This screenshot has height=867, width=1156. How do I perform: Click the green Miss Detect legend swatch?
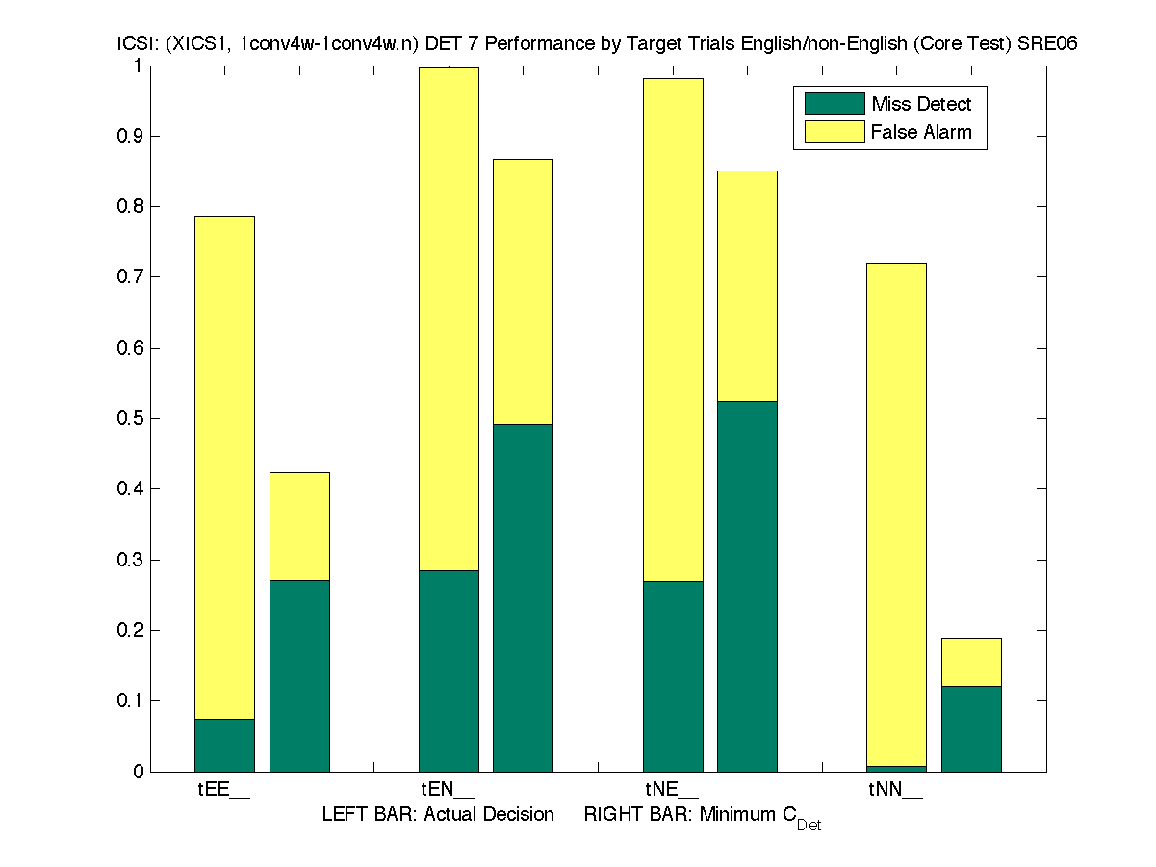834,104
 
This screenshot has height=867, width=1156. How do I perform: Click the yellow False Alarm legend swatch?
834,132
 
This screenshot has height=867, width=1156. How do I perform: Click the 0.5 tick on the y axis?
132,419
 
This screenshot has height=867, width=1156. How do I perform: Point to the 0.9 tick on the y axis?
132,136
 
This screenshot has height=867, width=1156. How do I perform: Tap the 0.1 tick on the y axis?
132,701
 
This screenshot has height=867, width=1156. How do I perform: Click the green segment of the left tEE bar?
224,745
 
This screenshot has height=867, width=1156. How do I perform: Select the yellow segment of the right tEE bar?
299,526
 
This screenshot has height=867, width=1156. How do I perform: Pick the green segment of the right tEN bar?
523,597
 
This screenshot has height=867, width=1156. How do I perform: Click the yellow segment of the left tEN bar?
448,318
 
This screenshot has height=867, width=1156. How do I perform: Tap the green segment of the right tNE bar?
747,586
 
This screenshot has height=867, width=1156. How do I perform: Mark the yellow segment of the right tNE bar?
747,285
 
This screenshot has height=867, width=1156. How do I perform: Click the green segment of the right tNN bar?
970,728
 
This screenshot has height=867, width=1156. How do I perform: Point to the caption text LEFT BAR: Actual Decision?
438,815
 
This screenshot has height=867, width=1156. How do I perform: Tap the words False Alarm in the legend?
921,132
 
